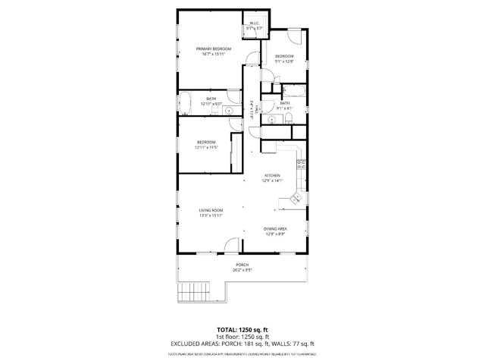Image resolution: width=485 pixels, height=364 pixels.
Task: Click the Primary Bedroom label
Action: pyautogui.click(x=217, y=52)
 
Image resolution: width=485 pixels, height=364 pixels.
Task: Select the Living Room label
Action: pyautogui.click(x=211, y=213)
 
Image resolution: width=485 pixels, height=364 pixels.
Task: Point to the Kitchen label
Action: pyautogui.click(x=272, y=178)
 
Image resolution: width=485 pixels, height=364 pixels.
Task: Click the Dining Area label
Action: pyautogui.click(x=275, y=231)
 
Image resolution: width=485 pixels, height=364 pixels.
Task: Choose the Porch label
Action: pyautogui.click(x=242, y=266)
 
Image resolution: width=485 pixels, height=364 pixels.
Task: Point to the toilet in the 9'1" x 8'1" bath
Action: pyautogui.click(x=271, y=119)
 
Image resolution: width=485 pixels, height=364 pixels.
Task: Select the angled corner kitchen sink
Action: pyautogui.click(x=293, y=199)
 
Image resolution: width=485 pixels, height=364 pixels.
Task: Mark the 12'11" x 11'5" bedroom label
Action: pyautogui.click(x=207, y=144)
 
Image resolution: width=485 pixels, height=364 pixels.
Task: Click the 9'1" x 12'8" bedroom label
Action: pyautogui.click(x=284, y=59)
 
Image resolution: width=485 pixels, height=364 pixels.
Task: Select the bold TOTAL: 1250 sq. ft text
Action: pyautogui.click(x=242, y=329)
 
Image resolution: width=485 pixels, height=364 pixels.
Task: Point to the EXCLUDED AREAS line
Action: pyautogui.click(x=242, y=344)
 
